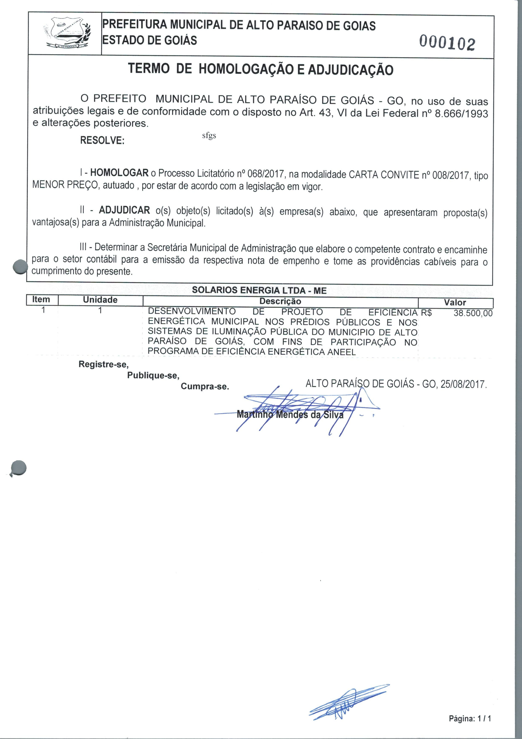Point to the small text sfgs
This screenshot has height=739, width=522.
click(x=209, y=135)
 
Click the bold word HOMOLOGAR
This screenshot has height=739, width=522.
click(x=119, y=173)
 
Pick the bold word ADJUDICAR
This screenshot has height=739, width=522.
click(x=124, y=210)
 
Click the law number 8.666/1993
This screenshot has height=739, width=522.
click(x=461, y=114)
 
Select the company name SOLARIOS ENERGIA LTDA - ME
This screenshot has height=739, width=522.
click(x=259, y=290)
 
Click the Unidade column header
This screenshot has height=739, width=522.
click(x=100, y=300)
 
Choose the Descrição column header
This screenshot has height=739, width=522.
click(x=280, y=301)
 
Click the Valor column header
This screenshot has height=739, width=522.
click(x=455, y=303)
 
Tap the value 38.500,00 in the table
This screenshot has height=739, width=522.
click(x=473, y=313)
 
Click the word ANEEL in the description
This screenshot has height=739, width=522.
click(x=341, y=352)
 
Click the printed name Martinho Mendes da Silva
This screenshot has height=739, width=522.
click(x=290, y=414)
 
